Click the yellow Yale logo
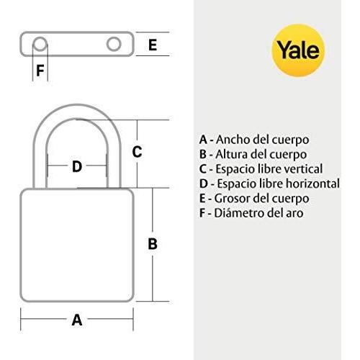click(298, 50)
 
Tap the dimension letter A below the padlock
click(77, 320)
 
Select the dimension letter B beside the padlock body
click(153, 244)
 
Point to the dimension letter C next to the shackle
click(137, 152)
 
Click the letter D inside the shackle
click(77, 166)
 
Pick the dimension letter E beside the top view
click(153, 45)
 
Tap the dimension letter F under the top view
click(40, 71)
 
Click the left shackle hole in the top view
click(40, 44)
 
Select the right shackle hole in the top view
click(114, 44)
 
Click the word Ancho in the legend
click(232, 140)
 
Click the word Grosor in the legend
click(233, 199)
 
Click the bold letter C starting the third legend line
click(203, 169)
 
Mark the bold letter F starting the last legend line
click(202, 213)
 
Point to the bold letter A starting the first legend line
click(203, 140)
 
